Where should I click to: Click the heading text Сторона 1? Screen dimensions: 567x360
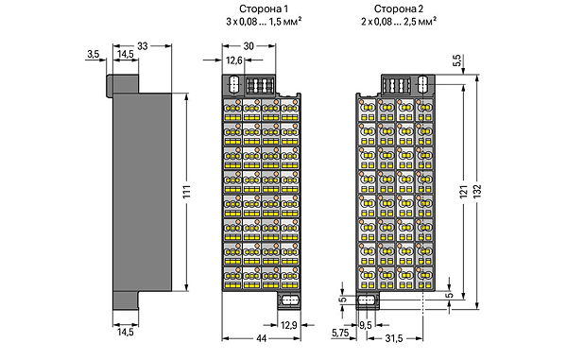pyautogui.click(x=264, y=9)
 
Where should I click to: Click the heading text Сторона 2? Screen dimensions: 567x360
pyautogui.click(x=399, y=9)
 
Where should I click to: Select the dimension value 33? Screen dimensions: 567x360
pyautogui.click(x=143, y=46)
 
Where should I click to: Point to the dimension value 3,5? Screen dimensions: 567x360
pyautogui.click(x=93, y=54)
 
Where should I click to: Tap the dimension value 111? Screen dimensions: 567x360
pyautogui.click(x=186, y=192)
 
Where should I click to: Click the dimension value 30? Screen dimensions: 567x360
pyautogui.click(x=249, y=46)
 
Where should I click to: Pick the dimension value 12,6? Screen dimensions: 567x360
pyautogui.click(x=234, y=60)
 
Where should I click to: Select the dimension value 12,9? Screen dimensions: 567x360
pyautogui.click(x=288, y=325)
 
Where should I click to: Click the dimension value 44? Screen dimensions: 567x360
pyautogui.click(x=261, y=338)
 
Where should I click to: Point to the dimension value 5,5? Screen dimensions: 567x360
pyautogui.click(x=456, y=60)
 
